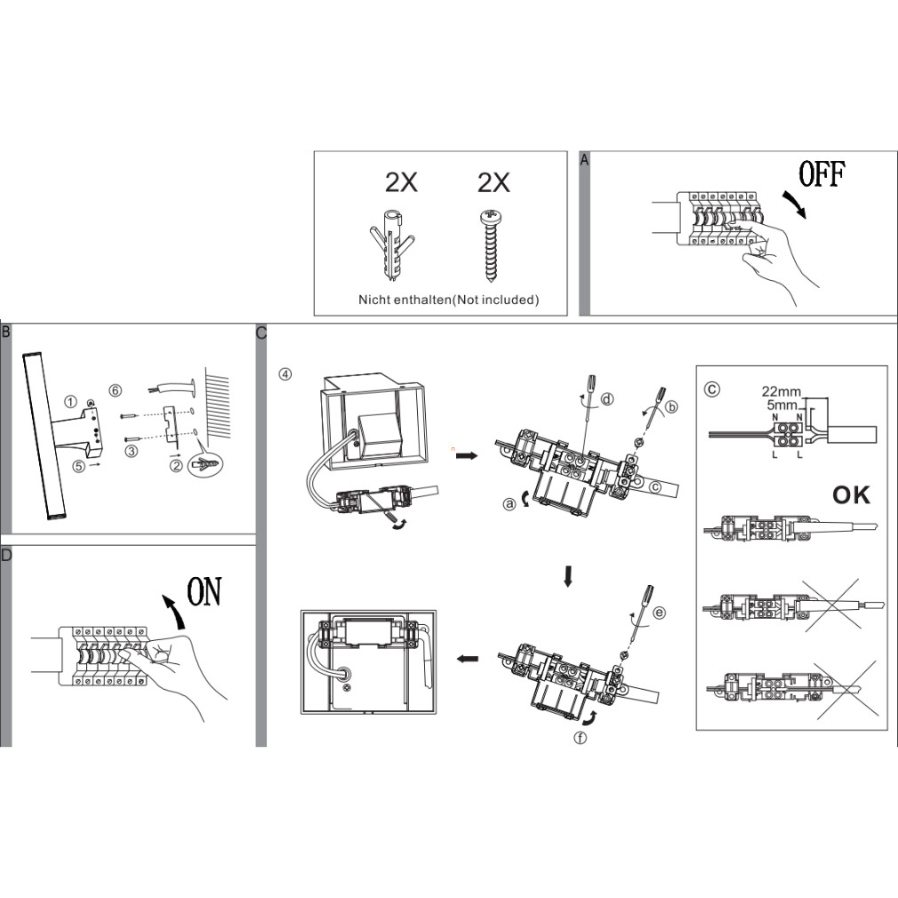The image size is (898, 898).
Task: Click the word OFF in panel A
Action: pyautogui.click(x=822, y=174)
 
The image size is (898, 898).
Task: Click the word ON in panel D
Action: pyautogui.click(x=204, y=591)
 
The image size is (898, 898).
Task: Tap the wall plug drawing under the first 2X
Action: pyautogui.click(x=390, y=245)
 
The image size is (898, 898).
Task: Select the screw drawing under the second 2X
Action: pyautogui.click(x=493, y=246)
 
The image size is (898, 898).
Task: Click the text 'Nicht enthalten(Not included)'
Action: pyautogui.click(x=448, y=300)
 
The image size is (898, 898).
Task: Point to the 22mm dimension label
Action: pyautogui.click(x=782, y=392)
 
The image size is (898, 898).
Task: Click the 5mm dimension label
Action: pyautogui.click(x=782, y=405)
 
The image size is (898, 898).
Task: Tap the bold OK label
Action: pyautogui.click(x=851, y=495)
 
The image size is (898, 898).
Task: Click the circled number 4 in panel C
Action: pyautogui.click(x=285, y=374)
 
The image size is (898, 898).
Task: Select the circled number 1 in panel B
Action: pyautogui.click(x=70, y=402)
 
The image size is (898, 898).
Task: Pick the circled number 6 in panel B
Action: pyautogui.click(x=115, y=390)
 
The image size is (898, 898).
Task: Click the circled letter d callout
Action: pyautogui.click(x=606, y=398)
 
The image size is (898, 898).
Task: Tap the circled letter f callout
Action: pyautogui.click(x=581, y=738)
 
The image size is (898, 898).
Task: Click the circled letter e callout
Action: pyautogui.click(x=660, y=613)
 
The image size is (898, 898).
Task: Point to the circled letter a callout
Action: pyautogui.click(x=509, y=504)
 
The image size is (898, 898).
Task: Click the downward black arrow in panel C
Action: pyautogui.click(x=568, y=577)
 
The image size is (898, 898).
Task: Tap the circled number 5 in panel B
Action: pyautogui.click(x=79, y=466)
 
